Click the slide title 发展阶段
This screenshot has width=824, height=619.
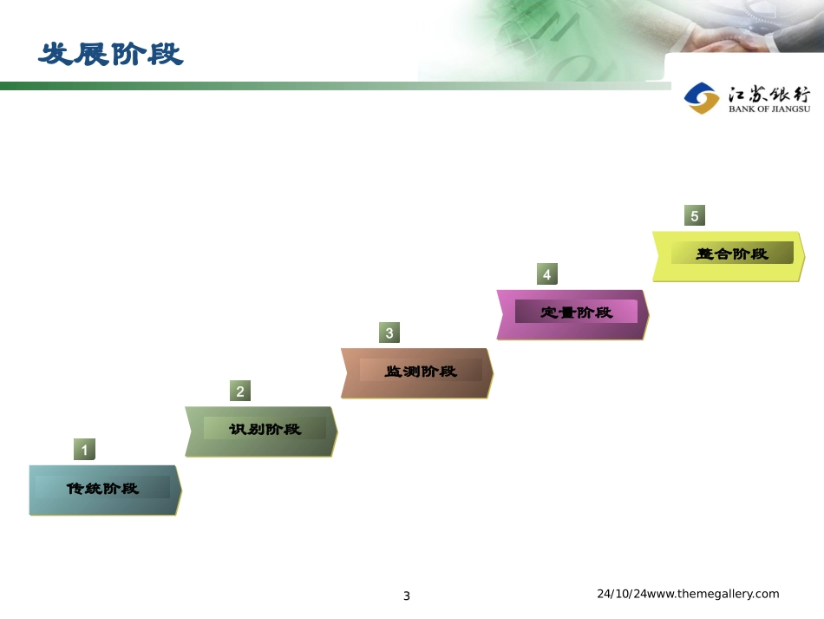(111, 54)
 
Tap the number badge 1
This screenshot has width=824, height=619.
(84, 450)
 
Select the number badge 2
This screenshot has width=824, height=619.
(240, 392)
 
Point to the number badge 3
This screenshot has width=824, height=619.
(389, 333)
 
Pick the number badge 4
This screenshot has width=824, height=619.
(546, 274)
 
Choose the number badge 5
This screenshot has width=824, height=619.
(694, 216)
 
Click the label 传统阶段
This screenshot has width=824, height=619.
(102, 488)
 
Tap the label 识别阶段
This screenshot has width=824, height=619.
(265, 429)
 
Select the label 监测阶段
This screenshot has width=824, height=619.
(421, 371)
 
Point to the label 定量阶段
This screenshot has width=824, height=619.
(576, 312)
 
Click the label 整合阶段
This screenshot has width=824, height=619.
(732, 254)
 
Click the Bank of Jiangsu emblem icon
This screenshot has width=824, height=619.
(702, 98)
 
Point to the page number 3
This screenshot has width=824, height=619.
(407, 596)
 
